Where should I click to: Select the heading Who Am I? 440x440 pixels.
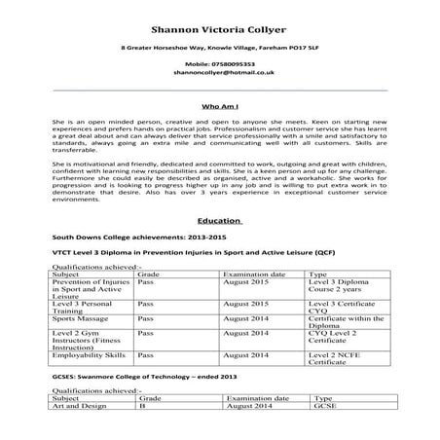click(x=219, y=104)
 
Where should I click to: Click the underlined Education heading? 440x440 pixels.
click(x=219, y=221)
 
